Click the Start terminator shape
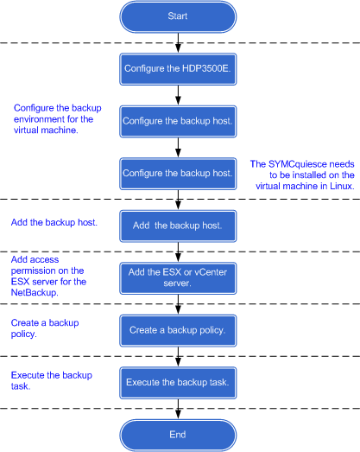coord(178,16)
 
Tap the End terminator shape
coord(178,435)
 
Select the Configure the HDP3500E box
coord(178,69)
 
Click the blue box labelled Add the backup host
coord(178,226)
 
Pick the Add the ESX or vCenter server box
coord(178,278)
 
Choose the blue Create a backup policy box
coord(178,331)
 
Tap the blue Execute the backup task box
coord(178,383)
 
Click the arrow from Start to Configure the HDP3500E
coord(178,43)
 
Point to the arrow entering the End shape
coord(178,409)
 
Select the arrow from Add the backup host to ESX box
coord(178,252)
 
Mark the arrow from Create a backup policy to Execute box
coord(178,357)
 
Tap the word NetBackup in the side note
coord(35,293)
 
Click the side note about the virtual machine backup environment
coord(58,119)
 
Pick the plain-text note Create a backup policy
coord(45,328)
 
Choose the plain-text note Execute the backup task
coord(52,381)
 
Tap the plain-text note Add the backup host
coord(54,222)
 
